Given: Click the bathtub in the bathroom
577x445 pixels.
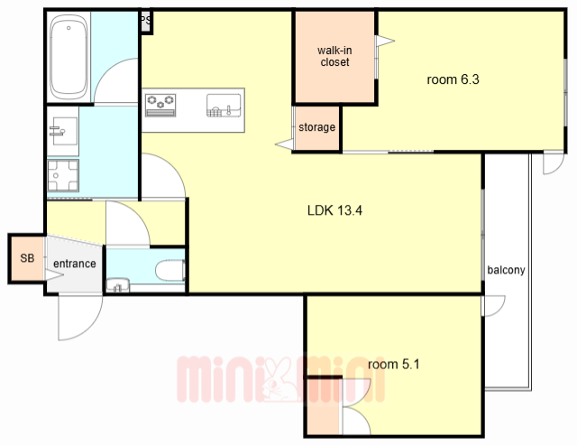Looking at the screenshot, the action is tap(69, 57).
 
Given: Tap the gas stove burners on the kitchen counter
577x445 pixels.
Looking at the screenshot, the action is tap(160, 105).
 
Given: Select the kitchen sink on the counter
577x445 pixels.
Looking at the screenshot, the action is tap(224, 106).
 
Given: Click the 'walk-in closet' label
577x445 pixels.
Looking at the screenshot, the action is tap(334, 56).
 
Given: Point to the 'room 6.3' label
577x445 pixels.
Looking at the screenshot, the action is tap(453, 79).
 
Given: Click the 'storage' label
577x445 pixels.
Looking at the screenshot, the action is tap(316, 127).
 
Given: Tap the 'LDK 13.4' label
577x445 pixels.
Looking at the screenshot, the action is tap(334, 210).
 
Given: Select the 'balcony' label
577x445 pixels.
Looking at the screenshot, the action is tap(506, 270).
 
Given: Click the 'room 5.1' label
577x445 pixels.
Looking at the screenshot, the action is tap(394, 365).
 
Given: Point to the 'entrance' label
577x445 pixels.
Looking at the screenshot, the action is tap(75, 264).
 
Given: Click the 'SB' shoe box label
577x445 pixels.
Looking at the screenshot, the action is tap(27, 258).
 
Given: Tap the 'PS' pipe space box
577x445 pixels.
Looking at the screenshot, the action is tap(146, 22).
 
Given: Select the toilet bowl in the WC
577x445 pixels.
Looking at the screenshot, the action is tap(170, 271).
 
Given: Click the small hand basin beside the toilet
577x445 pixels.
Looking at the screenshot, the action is tap(118, 285).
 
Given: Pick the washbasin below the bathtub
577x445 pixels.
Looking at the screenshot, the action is tap(63, 131).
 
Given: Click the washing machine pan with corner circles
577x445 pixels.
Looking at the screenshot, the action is tap(63, 176).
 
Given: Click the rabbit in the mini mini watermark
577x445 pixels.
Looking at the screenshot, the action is tap(279, 379).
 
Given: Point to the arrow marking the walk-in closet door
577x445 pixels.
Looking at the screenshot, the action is tap(385, 41).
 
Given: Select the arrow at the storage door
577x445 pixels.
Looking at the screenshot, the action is tap(285, 144).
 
